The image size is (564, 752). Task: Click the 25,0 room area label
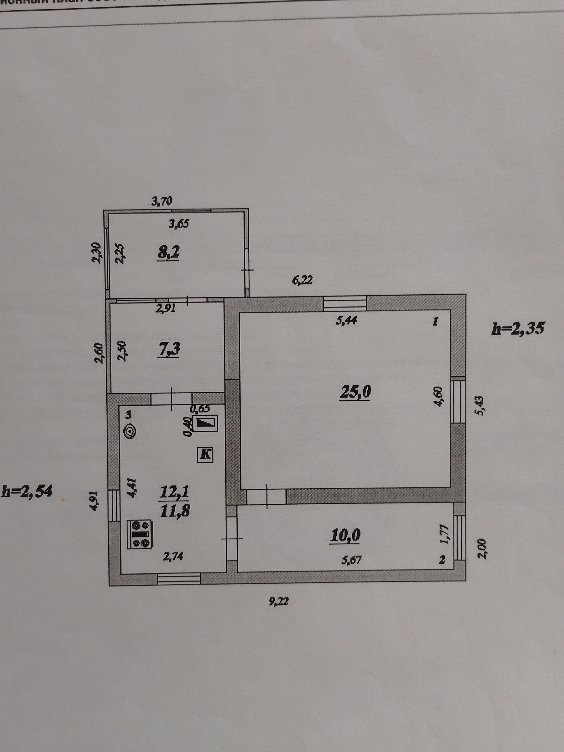click(355, 392)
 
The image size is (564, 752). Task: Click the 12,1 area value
click(174, 492)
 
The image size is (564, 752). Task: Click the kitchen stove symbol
click(140, 534)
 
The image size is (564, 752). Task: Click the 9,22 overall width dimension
click(278, 601)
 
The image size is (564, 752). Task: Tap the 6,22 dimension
click(302, 281)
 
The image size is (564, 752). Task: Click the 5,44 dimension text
click(346, 320)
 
